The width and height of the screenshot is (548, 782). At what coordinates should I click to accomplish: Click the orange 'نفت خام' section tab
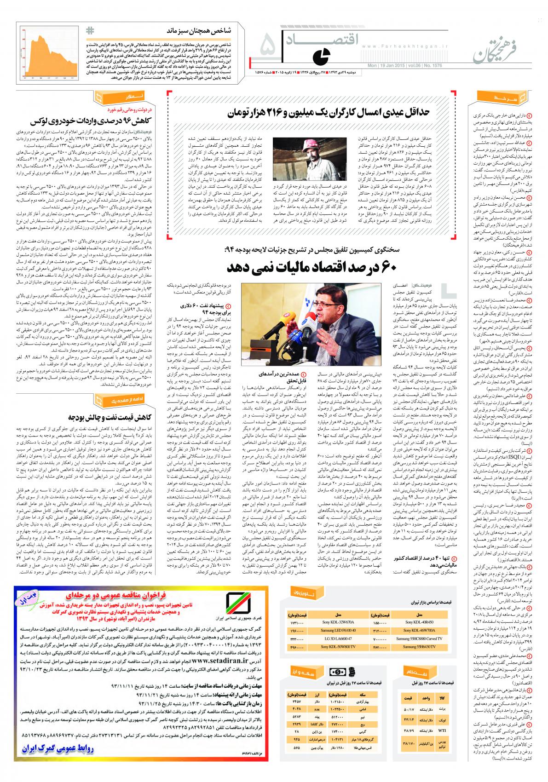[x=416, y=671]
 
